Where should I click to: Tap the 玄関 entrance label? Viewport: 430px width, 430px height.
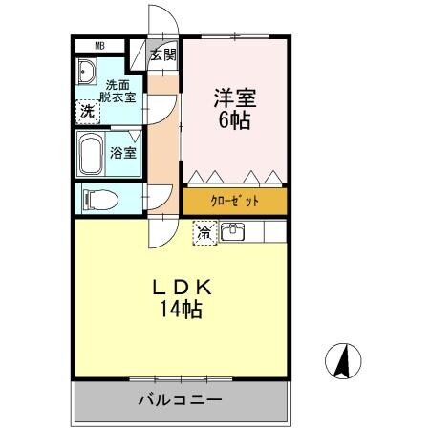[163, 54]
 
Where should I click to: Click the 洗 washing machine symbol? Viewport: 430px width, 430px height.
[87, 111]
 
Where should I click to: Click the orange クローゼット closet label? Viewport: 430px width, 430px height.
[234, 202]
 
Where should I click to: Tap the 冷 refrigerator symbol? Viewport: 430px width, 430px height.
[204, 231]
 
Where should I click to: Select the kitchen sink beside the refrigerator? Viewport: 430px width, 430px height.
[234, 231]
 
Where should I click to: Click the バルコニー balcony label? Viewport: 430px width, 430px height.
[179, 399]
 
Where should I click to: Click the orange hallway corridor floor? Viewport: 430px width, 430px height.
[163, 143]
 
